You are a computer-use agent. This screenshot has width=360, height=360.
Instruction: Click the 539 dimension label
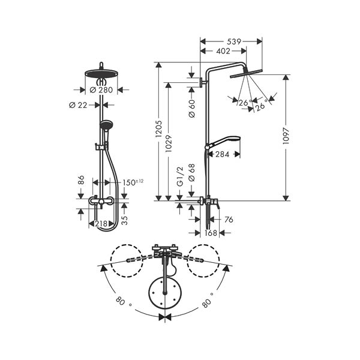[234, 41]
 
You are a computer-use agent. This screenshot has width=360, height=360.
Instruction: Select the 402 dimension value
[223, 51]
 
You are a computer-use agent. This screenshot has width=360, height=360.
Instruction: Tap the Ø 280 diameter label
[101, 90]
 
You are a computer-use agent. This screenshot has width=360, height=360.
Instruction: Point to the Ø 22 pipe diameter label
[78, 105]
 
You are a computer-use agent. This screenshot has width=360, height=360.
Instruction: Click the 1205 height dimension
[158, 129]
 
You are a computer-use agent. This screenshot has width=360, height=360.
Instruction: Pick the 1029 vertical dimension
[169, 144]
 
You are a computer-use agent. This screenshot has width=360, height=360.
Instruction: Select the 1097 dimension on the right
[286, 136]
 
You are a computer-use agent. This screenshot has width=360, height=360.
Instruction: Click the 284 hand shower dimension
[222, 154]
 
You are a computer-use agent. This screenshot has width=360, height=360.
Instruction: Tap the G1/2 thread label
[181, 176]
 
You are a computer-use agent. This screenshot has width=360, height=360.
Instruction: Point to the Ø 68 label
[192, 173]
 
